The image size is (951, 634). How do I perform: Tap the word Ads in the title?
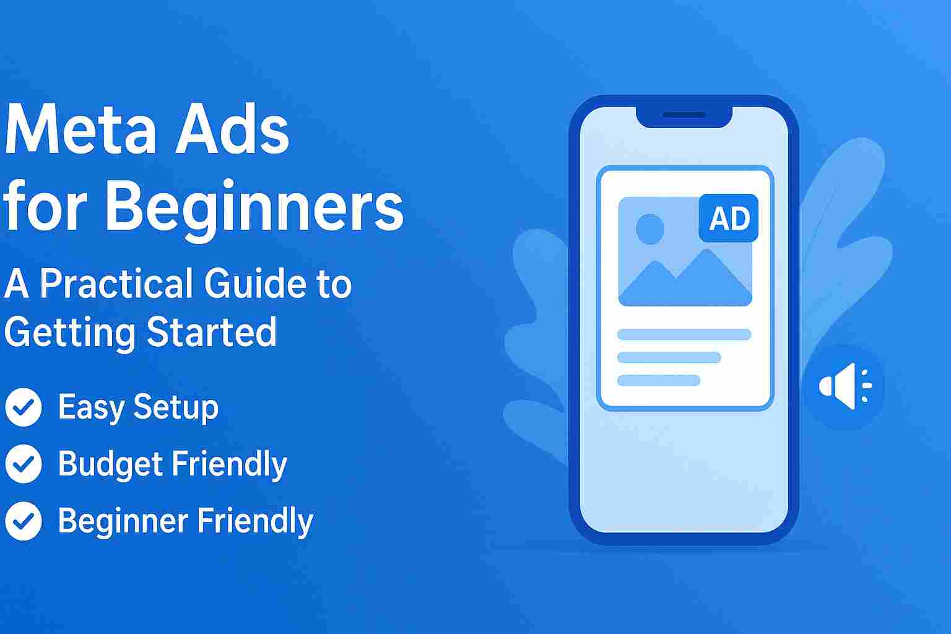[x=232, y=131]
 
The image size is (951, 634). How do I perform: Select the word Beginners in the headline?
[x=254, y=207]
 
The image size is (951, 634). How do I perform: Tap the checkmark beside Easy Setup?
[x=23, y=407]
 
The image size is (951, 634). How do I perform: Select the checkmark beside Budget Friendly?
[x=23, y=464]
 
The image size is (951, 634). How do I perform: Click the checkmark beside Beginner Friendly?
[x=23, y=521]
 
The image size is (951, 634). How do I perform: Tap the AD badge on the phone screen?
[x=729, y=219]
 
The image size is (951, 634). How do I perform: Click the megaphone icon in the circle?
[x=843, y=386]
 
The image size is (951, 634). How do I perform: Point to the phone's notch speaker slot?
[x=684, y=115]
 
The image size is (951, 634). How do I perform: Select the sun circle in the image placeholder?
[x=649, y=228]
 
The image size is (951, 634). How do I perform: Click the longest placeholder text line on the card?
[x=684, y=335]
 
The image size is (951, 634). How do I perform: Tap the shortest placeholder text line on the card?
[x=659, y=380]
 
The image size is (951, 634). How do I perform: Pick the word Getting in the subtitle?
[x=70, y=332]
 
